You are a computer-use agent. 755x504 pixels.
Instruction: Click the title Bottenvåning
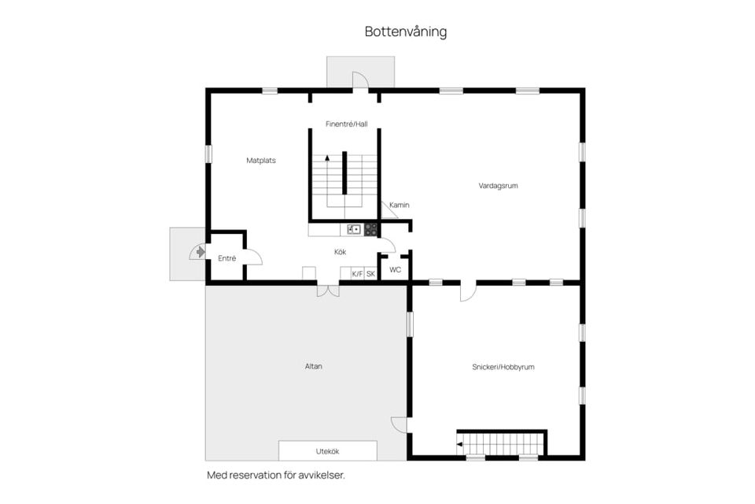point(405,31)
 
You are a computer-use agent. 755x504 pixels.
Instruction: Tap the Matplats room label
point(261,161)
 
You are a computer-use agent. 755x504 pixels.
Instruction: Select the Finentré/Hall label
point(346,124)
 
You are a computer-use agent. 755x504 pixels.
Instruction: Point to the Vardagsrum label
point(498,186)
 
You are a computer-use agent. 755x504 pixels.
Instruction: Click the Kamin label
point(400,206)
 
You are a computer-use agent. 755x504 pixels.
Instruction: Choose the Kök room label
point(341,252)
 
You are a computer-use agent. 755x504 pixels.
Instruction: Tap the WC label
point(396,269)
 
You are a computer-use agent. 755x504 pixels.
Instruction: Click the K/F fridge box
point(357,274)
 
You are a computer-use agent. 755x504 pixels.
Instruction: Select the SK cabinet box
point(371,274)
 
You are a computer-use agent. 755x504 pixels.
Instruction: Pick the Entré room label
point(226,258)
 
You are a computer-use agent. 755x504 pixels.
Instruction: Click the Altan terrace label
point(314,366)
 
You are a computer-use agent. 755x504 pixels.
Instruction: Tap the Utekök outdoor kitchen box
point(327,451)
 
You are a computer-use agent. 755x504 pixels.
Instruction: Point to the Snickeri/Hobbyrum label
point(503,367)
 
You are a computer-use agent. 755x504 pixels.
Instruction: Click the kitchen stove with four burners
point(370,229)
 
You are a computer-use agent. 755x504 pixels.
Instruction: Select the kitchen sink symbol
point(354,229)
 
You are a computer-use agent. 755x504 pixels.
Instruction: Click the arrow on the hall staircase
point(327,160)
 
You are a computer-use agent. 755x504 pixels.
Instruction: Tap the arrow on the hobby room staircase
point(460,444)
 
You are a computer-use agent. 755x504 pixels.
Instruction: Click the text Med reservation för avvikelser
point(276,476)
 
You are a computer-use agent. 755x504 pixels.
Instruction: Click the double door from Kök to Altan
point(328,290)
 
